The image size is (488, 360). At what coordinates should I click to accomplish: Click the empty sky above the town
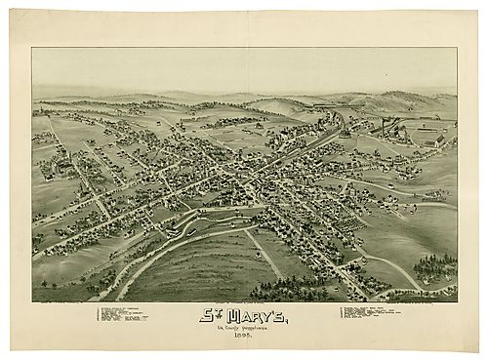click(x=244, y=68)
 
